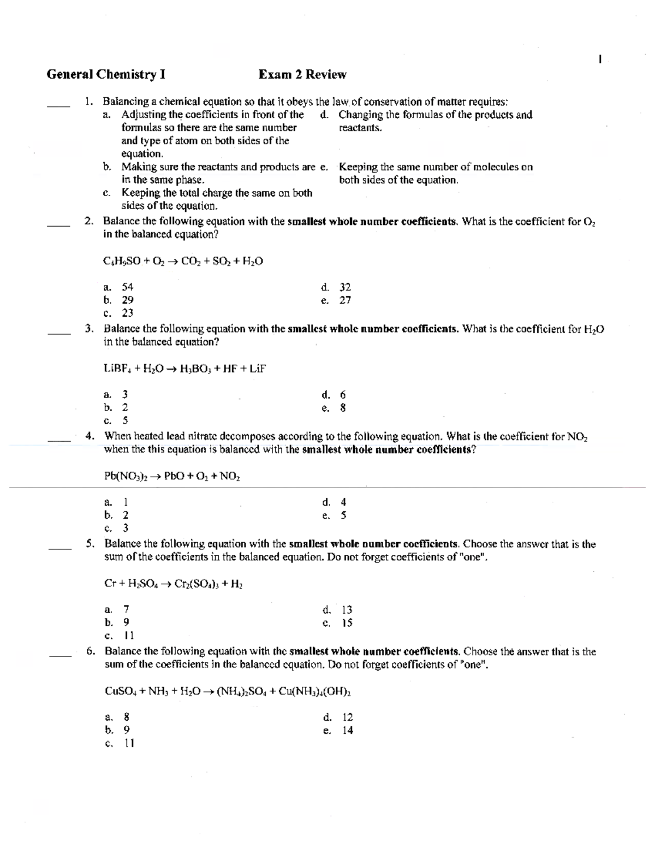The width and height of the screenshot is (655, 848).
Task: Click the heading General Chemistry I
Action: pyautogui.click(x=106, y=74)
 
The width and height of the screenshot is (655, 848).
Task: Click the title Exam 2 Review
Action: pyautogui.click(x=302, y=74)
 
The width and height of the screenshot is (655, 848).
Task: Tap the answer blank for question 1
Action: pyautogui.click(x=58, y=105)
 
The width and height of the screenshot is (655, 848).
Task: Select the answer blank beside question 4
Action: pyautogui.click(x=59, y=440)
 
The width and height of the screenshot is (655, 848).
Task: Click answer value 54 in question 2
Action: pyautogui.click(x=127, y=287)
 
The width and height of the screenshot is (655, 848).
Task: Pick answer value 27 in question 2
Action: pyautogui.click(x=345, y=300)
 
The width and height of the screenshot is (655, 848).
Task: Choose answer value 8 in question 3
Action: pyautogui.click(x=343, y=407)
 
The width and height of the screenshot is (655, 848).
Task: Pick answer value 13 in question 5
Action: pyautogui.click(x=347, y=609)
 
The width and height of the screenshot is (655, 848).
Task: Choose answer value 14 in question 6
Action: pyautogui.click(x=348, y=730)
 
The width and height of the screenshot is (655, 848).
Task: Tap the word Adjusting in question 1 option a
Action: pyautogui.click(x=144, y=115)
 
